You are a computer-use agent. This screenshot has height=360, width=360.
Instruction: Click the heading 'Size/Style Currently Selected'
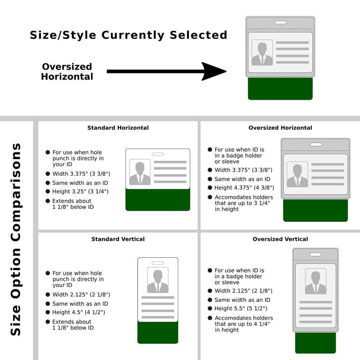pyautogui.click(x=128, y=35)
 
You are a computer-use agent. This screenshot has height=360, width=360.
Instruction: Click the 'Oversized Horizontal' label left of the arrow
pyautogui.click(x=67, y=72)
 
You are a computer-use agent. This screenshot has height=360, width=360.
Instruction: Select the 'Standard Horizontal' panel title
pyautogui.click(x=118, y=128)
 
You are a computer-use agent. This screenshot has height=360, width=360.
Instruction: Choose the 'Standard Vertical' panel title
pyautogui.click(x=118, y=239)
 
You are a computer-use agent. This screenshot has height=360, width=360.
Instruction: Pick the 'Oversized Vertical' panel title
pyautogui.click(x=280, y=239)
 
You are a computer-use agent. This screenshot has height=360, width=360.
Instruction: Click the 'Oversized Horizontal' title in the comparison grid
pyautogui.click(x=280, y=128)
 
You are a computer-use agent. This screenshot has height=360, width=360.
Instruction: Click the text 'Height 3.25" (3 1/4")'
pyautogui.click(x=81, y=192)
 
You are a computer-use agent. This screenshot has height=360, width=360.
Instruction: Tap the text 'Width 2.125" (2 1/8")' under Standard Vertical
pyautogui.click(x=81, y=295)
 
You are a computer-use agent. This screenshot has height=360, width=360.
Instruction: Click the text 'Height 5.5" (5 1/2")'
pyautogui.click(x=241, y=308)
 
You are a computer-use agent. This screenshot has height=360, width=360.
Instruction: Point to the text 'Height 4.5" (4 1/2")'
pyautogui.click(x=79, y=312)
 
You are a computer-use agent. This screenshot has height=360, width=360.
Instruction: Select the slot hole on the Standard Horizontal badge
pyautogui.click(x=157, y=154)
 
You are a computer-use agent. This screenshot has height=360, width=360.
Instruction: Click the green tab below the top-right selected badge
pyautogui.click(x=280, y=89)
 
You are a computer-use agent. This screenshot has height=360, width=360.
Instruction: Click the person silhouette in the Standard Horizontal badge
pyautogui.click(x=140, y=173)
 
